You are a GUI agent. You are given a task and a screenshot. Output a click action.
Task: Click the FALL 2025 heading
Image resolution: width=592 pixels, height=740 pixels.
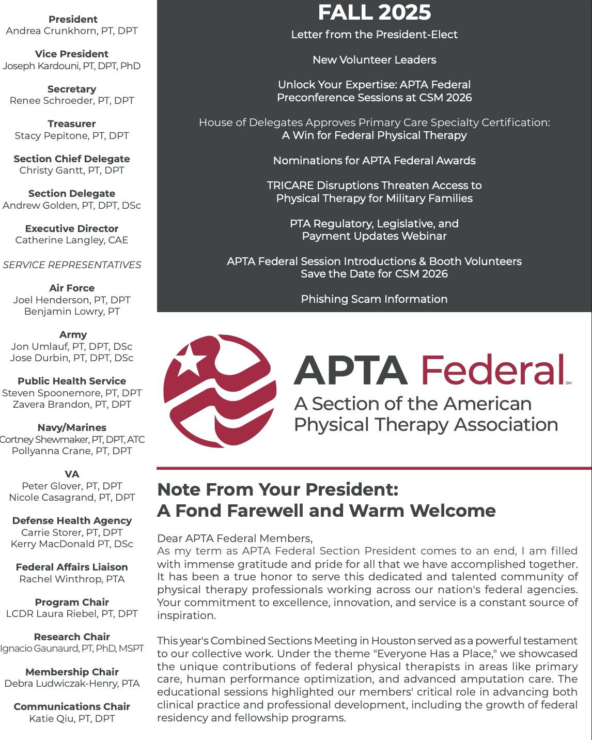coord(374,12)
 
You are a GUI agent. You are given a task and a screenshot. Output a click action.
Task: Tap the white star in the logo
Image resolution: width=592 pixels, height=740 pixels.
coord(189,361)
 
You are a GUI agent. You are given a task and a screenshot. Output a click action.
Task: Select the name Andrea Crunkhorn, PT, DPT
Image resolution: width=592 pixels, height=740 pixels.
coord(72,31)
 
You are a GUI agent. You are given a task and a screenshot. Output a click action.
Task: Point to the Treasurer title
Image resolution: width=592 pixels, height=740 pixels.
coord(72,124)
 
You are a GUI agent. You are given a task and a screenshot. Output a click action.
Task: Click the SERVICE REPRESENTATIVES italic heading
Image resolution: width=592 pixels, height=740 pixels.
coord(72,265)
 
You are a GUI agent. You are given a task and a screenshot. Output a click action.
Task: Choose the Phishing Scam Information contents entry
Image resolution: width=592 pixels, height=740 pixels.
coord(374,299)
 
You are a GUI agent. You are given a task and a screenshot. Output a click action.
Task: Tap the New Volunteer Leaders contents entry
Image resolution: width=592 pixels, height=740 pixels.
coord(374,60)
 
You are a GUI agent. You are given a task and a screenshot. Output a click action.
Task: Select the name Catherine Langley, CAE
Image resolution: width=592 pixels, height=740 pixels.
coord(72,240)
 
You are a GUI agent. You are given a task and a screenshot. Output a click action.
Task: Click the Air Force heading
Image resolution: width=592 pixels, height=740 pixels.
coord(72,288)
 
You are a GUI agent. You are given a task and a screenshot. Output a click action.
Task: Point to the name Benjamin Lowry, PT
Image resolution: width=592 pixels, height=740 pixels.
coord(72,312)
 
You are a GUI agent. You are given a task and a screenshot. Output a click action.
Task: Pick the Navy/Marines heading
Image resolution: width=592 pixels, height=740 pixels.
coord(72,428)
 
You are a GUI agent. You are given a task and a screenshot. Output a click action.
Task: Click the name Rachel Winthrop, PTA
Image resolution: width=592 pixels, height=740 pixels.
coord(72,579)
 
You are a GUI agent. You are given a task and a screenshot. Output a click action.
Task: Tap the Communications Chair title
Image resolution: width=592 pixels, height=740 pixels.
coord(72,707)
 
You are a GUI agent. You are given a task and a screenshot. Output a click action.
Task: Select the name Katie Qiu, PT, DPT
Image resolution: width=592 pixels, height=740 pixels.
coord(72,719)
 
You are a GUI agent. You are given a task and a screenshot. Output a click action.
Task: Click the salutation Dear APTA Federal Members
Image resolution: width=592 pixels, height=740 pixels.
coord(235,538)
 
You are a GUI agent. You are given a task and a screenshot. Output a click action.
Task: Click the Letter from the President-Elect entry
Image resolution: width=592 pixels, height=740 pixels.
coord(374,35)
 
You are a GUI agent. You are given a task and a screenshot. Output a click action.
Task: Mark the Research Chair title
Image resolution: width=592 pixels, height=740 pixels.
coord(72,637)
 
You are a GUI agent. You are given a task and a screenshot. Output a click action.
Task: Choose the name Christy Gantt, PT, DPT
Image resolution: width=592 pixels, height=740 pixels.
coord(72,171)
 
